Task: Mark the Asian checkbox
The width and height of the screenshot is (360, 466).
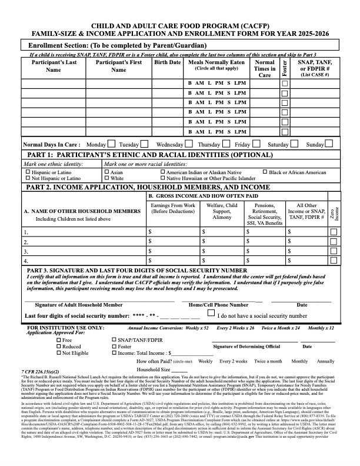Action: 106,172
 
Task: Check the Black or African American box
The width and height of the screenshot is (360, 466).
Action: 264,172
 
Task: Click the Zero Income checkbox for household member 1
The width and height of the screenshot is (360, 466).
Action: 334,232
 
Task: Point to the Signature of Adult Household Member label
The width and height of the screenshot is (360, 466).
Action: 79,305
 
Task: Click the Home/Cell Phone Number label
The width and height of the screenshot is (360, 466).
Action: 218,305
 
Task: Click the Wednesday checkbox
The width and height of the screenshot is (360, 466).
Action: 188,144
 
